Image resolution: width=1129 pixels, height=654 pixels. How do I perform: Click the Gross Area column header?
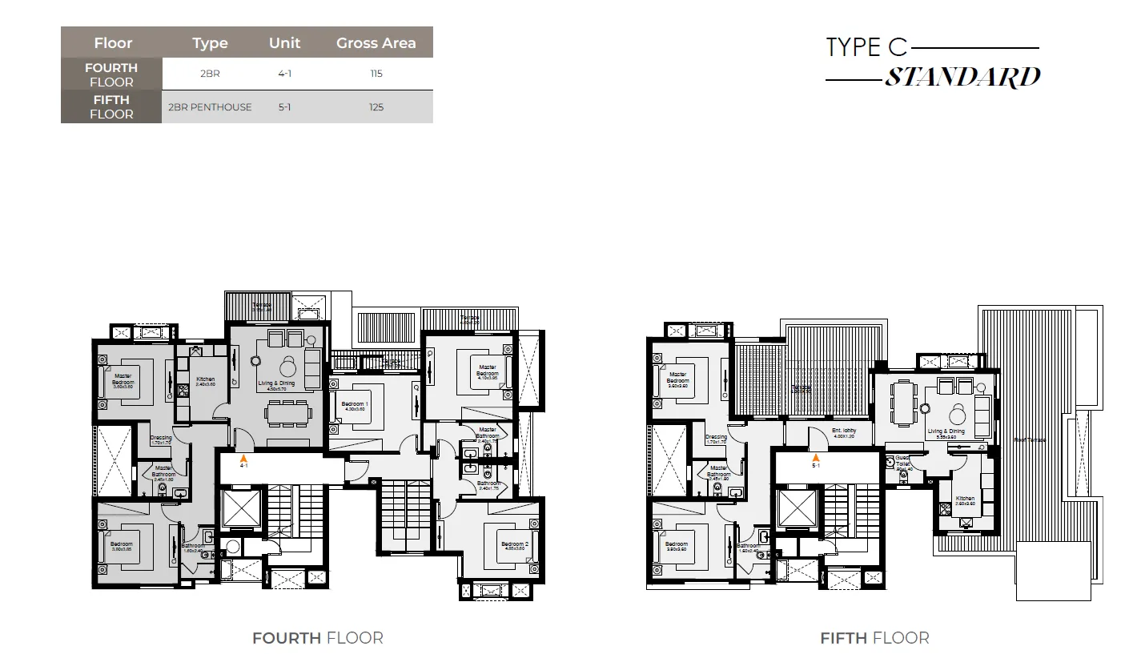click(376, 43)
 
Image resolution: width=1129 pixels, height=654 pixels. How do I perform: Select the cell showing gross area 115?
click(376, 74)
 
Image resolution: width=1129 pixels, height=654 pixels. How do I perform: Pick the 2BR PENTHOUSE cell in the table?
click(210, 107)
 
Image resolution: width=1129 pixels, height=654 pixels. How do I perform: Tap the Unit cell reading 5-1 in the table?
click(284, 107)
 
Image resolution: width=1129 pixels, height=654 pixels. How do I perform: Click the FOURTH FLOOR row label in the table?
click(111, 74)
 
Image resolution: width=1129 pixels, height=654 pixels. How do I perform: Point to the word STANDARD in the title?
click(962, 78)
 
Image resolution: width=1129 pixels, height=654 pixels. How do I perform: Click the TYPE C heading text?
click(866, 47)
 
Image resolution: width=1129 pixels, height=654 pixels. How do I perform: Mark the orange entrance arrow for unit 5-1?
click(816, 457)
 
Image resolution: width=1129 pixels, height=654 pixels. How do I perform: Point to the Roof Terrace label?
click(1029, 439)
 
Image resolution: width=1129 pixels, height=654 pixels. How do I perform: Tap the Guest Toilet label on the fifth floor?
click(902, 462)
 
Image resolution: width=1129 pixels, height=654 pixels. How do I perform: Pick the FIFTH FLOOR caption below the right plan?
click(874, 638)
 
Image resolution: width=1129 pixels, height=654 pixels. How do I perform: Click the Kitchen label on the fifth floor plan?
click(965, 501)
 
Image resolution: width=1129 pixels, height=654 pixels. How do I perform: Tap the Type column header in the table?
click(210, 43)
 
